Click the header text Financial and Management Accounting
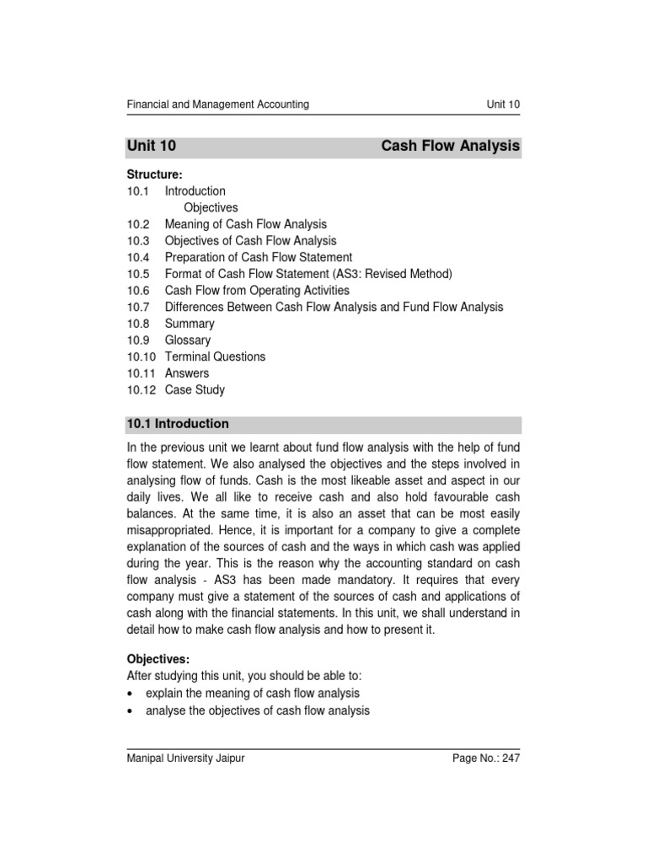217,105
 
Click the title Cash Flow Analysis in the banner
450,147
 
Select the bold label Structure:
154,174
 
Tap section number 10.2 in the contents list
138,224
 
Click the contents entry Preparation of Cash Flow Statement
258,257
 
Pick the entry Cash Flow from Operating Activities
256,290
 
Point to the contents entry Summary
190,324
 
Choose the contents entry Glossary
188,340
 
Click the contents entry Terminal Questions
215,356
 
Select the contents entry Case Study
195,390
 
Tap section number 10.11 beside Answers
141,373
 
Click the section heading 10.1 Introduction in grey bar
178,424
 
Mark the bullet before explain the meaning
130,694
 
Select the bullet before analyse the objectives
130,710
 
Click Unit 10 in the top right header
502,105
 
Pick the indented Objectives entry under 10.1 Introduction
211,207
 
